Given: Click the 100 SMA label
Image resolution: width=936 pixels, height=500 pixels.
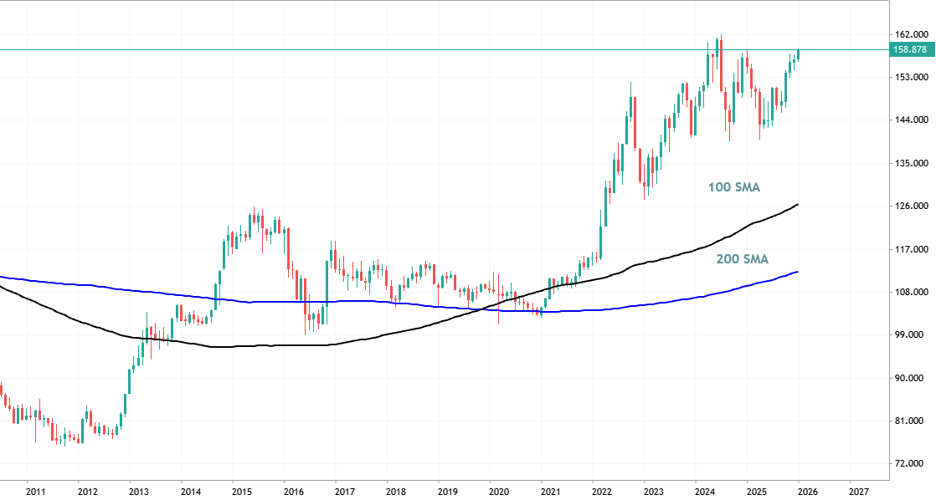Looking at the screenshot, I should click(x=734, y=187).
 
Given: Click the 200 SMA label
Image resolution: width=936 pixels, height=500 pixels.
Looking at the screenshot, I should click(x=742, y=259).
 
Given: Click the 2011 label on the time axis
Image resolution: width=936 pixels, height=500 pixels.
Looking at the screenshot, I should click(x=36, y=492).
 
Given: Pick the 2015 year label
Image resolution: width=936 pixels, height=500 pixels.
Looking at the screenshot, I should click(x=242, y=492).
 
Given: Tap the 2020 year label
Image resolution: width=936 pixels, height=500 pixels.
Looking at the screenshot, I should click(x=499, y=492).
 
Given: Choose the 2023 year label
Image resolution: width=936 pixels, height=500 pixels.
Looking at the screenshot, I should click(x=654, y=492).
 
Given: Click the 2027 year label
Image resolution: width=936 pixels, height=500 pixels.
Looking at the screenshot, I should click(x=860, y=492).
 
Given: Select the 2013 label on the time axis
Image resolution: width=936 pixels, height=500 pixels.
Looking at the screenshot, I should click(x=139, y=492).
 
